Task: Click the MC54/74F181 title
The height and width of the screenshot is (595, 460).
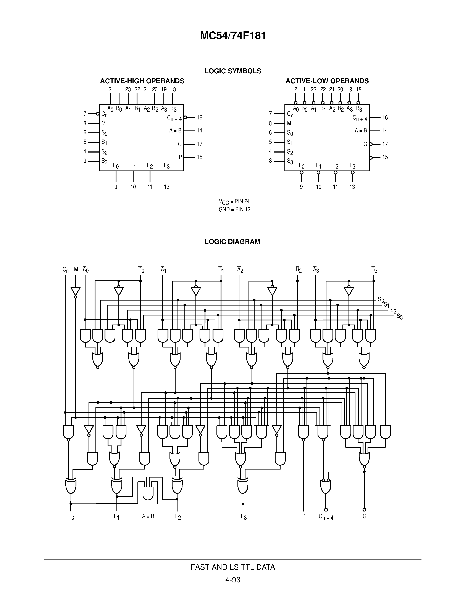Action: (233, 36)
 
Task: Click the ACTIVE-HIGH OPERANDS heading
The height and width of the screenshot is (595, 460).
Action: (142, 81)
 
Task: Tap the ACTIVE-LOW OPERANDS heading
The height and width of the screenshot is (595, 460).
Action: (327, 81)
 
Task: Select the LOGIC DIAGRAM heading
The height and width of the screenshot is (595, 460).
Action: (232, 242)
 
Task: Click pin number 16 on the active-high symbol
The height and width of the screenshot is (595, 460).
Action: (200, 117)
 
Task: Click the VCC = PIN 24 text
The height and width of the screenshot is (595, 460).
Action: (234, 202)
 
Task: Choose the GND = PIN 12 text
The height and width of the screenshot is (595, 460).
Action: (234, 209)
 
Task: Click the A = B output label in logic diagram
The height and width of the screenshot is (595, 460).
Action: (148, 516)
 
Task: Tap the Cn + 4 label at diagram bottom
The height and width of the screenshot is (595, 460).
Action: (326, 517)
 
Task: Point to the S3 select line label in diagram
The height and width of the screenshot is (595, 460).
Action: (400, 317)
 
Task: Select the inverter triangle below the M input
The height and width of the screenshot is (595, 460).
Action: (76, 291)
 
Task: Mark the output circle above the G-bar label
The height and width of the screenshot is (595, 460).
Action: (364, 510)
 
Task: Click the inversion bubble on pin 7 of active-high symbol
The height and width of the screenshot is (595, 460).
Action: (98, 114)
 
